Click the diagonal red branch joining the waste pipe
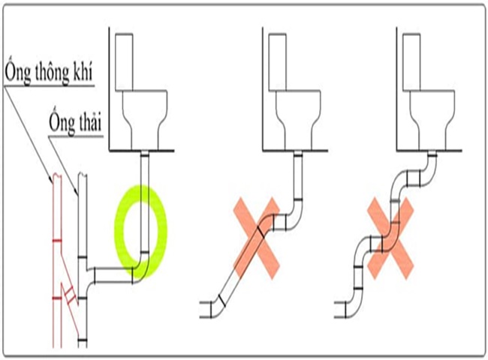coord(68,289)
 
